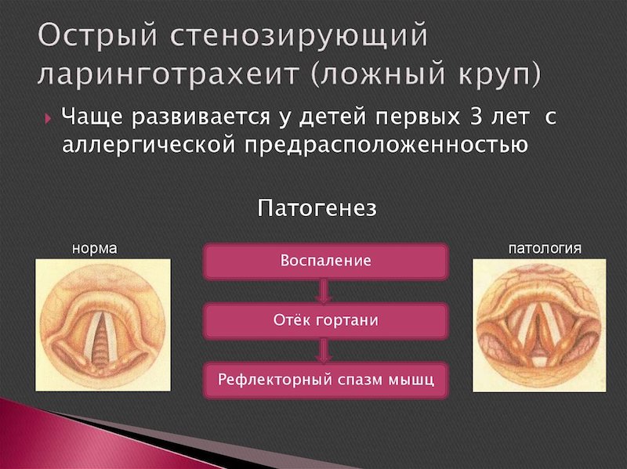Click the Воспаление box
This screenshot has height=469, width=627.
click(325, 261)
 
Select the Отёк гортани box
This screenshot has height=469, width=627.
click(325, 321)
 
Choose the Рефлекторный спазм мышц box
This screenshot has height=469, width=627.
click(325, 380)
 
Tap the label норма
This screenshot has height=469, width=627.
click(94, 249)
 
